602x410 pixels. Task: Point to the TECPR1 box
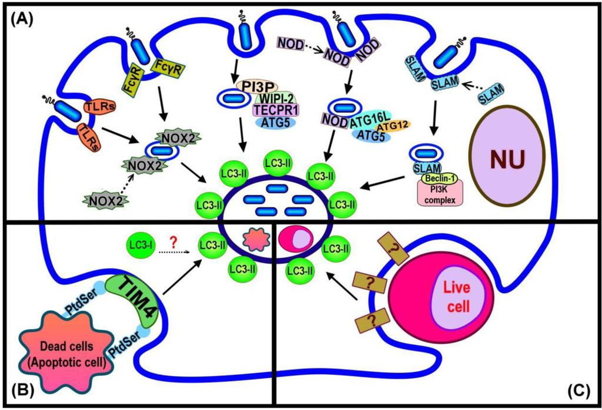coord(276,109)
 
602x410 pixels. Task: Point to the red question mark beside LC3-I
coord(173,241)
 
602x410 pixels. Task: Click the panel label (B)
coord(21,389)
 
